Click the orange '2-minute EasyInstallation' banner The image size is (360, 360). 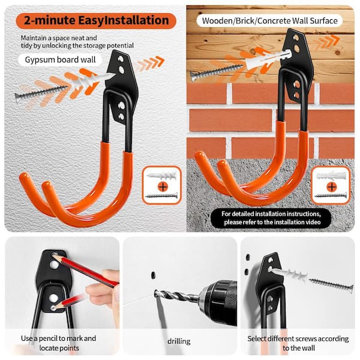(x=96, y=20)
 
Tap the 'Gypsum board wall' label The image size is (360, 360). (x=60, y=59)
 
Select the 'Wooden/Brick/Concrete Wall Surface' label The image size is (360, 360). (x=269, y=21)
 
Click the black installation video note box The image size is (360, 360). (x=271, y=218)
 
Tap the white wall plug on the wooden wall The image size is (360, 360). (x=268, y=59)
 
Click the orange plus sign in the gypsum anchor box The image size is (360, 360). (x=163, y=187)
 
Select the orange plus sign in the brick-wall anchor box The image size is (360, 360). (x=332, y=187)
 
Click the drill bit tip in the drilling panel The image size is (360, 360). (x=155, y=293)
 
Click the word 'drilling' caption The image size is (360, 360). (x=179, y=341)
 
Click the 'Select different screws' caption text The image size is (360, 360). (x=298, y=343)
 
